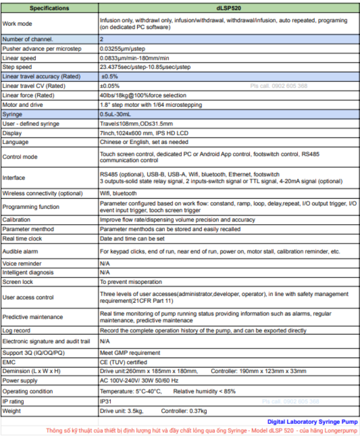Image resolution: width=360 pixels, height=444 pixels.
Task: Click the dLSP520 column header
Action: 229,8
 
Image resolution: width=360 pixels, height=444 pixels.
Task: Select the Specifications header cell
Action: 49,8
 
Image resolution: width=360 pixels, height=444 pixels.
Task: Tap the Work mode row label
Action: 17,24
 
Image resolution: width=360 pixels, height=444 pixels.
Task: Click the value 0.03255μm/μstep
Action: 123,49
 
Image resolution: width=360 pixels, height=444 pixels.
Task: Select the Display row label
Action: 12,133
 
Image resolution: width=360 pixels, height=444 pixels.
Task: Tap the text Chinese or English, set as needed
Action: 144,142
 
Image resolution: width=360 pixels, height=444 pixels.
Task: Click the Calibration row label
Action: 16,220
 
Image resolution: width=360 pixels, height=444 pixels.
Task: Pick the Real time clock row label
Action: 22,239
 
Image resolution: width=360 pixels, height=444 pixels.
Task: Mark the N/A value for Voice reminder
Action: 105,263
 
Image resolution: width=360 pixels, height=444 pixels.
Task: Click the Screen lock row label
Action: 18,282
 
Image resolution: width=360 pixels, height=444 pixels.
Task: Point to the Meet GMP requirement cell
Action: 130,353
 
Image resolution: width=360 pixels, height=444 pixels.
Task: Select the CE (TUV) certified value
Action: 123,362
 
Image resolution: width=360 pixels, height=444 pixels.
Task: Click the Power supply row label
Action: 20,381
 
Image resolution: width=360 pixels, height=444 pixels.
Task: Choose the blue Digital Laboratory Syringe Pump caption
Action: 312,422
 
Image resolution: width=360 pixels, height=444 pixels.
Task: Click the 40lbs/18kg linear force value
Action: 143,95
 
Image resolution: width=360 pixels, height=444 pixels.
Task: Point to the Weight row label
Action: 12,411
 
